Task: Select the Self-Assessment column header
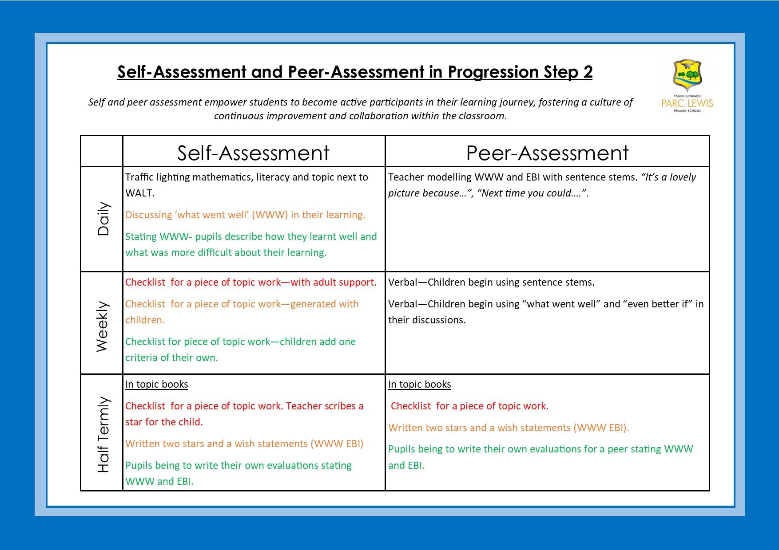[253, 153]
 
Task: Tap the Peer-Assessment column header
[547, 153]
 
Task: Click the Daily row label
[103, 219]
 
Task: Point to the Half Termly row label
[103, 434]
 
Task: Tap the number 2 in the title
[588, 72]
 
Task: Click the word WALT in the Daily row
[139, 193]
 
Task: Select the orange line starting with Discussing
[245, 215]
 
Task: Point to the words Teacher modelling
[429, 177]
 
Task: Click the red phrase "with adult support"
[333, 283]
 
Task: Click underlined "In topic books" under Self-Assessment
[156, 385]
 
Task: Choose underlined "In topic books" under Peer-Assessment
[419, 385]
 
